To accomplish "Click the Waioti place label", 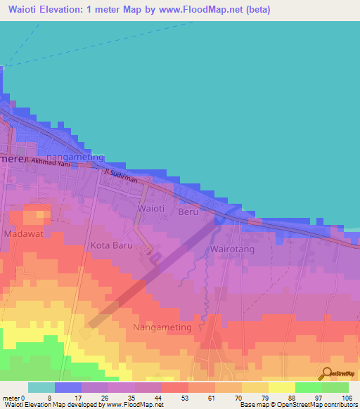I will point(150,209).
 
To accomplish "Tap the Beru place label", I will point(188,211).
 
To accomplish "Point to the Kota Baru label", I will point(112,246).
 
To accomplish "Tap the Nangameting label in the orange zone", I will point(162,327).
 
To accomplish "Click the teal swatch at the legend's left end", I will point(41,387).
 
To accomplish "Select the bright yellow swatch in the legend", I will point(281,387).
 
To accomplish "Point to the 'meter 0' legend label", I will point(13,398).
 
